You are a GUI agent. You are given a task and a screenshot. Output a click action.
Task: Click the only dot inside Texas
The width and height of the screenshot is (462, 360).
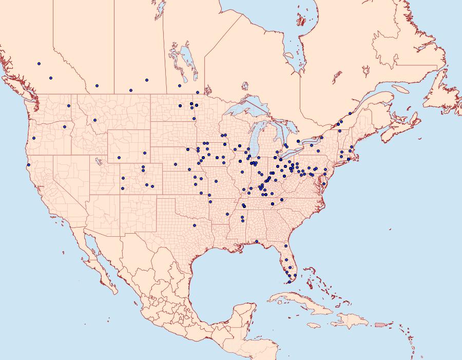point(194,225)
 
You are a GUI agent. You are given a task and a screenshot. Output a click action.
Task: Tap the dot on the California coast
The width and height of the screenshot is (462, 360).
point(28,165)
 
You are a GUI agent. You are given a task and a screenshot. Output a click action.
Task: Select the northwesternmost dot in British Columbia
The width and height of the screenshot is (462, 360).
point(39,64)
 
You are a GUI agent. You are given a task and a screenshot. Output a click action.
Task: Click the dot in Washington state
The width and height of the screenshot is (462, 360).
point(68,106)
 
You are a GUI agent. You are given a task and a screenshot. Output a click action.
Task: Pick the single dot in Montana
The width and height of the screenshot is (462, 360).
point(95,120)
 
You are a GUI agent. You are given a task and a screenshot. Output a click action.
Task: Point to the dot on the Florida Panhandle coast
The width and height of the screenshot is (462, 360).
point(256,241)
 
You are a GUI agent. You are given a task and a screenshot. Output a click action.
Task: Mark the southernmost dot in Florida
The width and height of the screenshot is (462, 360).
point(289,282)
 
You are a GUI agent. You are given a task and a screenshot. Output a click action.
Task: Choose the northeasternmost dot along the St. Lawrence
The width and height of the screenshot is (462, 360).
point(350,113)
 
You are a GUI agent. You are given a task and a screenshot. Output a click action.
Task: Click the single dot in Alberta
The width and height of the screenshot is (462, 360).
point(97,86)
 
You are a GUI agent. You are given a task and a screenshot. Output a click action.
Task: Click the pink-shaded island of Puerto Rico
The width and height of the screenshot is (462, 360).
point(380,324)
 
